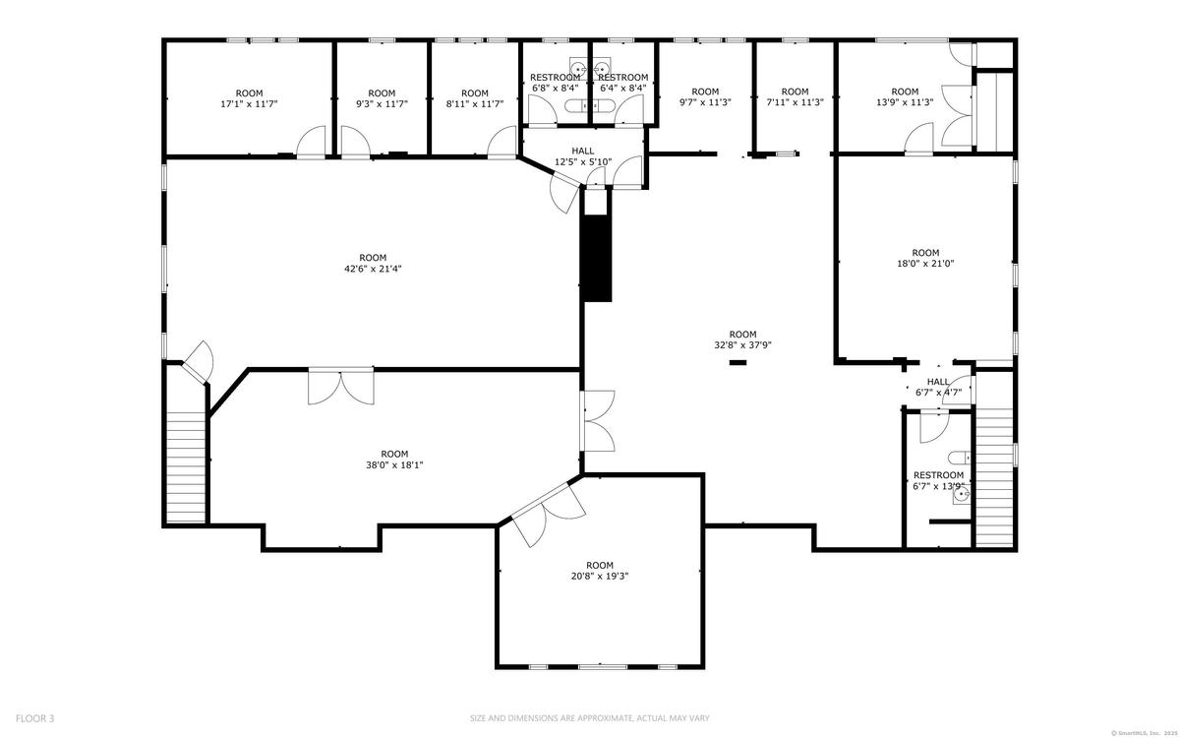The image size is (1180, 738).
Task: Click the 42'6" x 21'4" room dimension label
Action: pyautogui.click(x=373, y=269)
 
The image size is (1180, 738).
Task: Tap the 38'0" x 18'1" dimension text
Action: pyautogui.click(x=394, y=465)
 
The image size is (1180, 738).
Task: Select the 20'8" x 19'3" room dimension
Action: pyautogui.click(x=600, y=577)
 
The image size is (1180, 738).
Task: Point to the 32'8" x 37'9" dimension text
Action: pyautogui.click(x=742, y=345)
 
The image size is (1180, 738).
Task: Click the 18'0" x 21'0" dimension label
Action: pyautogui.click(x=925, y=264)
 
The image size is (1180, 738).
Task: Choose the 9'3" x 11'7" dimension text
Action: pyautogui.click(x=382, y=104)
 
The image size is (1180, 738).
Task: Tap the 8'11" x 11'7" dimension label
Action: pyautogui.click(x=475, y=104)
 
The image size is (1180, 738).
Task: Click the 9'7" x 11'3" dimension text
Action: pyautogui.click(x=705, y=102)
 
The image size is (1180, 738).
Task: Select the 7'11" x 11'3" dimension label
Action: pyautogui.click(x=795, y=102)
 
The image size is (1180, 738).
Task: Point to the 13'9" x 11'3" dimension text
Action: pyautogui.click(x=905, y=102)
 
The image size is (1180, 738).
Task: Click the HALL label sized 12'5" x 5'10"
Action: pyautogui.click(x=583, y=152)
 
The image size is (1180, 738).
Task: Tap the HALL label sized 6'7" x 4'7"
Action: pyautogui.click(x=938, y=382)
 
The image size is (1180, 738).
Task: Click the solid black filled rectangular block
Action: pyautogui.click(x=596, y=258)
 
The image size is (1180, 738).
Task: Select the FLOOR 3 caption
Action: pyautogui.click(x=34, y=718)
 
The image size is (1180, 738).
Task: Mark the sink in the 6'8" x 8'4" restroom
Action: pyautogui.click(x=579, y=69)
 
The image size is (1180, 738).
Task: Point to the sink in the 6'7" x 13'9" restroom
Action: pyautogui.click(x=962, y=494)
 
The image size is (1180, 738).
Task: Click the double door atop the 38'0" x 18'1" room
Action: pyautogui.click(x=341, y=386)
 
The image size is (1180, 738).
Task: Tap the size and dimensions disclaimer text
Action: pyautogui.click(x=590, y=718)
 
